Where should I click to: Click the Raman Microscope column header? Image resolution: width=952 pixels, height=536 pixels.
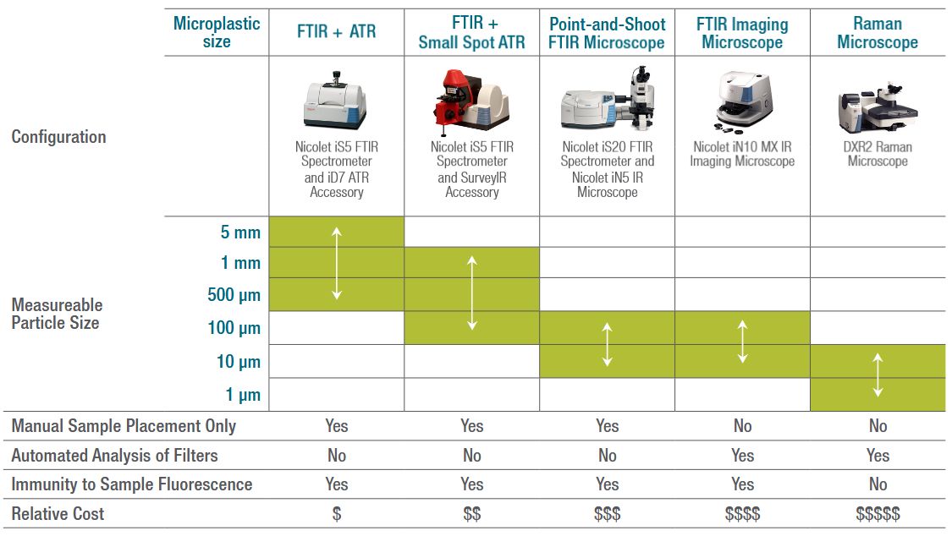click(878, 33)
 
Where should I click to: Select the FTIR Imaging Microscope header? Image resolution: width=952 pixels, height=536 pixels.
click(742, 33)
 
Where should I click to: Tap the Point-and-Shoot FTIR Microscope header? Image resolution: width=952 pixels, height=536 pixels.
click(607, 33)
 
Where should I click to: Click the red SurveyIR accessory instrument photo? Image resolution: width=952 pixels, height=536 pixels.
click(471, 101)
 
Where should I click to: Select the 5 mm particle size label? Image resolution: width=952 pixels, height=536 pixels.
click(240, 232)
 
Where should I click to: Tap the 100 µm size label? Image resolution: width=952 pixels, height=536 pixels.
click(234, 328)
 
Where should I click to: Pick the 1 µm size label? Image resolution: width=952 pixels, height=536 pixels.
click(243, 395)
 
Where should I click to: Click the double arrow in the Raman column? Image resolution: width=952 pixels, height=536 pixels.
click(878, 375)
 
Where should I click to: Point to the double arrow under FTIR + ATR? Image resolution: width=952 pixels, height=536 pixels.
click(336, 263)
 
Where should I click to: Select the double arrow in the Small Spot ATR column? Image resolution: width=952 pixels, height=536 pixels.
click(471, 293)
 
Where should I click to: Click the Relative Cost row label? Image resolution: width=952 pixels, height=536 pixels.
click(58, 513)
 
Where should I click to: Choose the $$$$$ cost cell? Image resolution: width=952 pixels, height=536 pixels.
click(878, 514)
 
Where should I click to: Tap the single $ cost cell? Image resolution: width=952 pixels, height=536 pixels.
click(336, 514)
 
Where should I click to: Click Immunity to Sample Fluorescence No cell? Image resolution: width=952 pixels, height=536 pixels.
click(878, 484)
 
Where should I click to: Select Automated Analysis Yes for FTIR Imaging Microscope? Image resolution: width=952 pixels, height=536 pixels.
click(742, 456)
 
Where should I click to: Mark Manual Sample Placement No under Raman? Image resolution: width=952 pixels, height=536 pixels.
click(878, 425)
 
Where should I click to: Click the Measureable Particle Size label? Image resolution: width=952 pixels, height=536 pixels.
click(57, 314)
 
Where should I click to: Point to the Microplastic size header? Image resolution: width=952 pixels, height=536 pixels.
click(216, 32)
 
